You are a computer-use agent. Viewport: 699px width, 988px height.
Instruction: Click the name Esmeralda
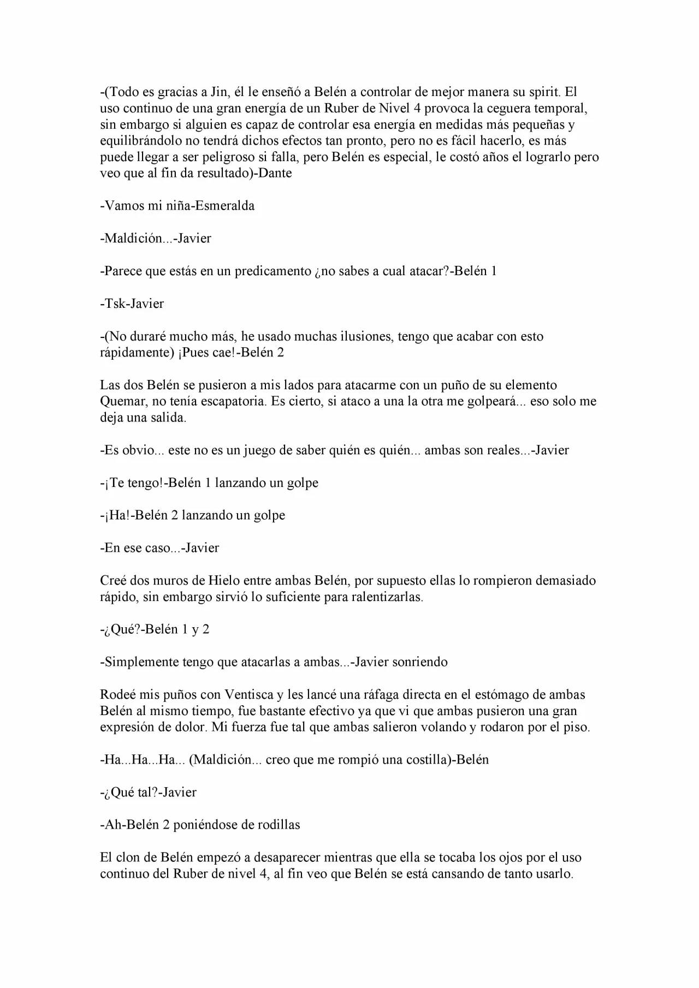pos(225,206)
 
